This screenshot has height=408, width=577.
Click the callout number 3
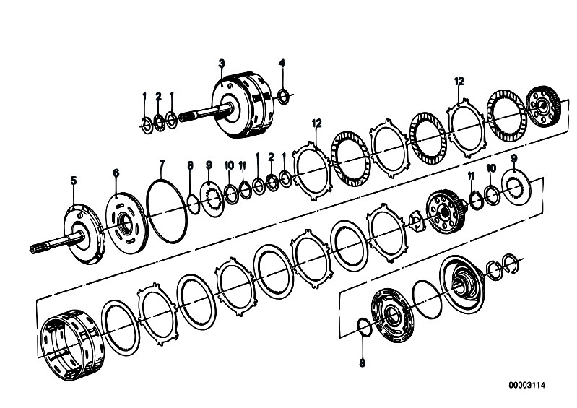pos(221,64)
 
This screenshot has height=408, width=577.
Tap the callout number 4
pos(282,64)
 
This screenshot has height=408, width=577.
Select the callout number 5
pos(74,181)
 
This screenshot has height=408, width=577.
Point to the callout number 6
pos(116,173)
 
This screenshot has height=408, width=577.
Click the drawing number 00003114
pos(527,385)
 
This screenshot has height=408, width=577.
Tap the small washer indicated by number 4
pos(283,96)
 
